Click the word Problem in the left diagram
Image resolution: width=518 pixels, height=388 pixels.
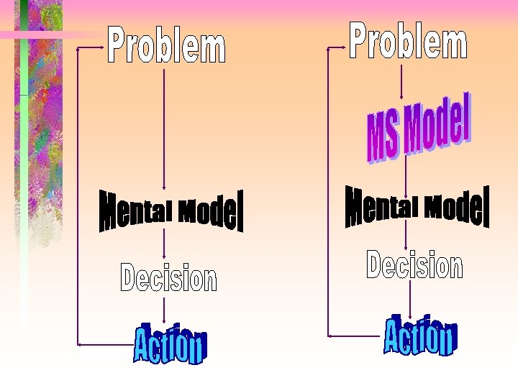pyautogui.click(x=167, y=45)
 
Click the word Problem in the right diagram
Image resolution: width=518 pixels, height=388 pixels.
pyautogui.click(x=408, y=40)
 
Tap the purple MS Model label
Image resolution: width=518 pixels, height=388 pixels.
pyautogui.click(x=419, y=130)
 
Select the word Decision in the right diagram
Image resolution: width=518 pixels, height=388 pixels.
pyautogui.click(x=414, y=265)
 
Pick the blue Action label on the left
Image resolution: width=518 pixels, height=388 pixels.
pyautogui.click(x=170, y=344)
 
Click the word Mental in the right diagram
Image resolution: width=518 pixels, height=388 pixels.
pyautogui.click(x=382, y=206)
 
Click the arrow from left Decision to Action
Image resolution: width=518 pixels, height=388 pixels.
pyautogui.click(x=165, y=309)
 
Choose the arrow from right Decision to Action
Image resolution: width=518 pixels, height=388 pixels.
pyautogui.click(x=409, y=298)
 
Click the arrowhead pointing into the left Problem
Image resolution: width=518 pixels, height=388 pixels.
pyautogui.click(x=100, y=47)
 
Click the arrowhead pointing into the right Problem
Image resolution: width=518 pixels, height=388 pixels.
pyautogui.click(x=342, y=47)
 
